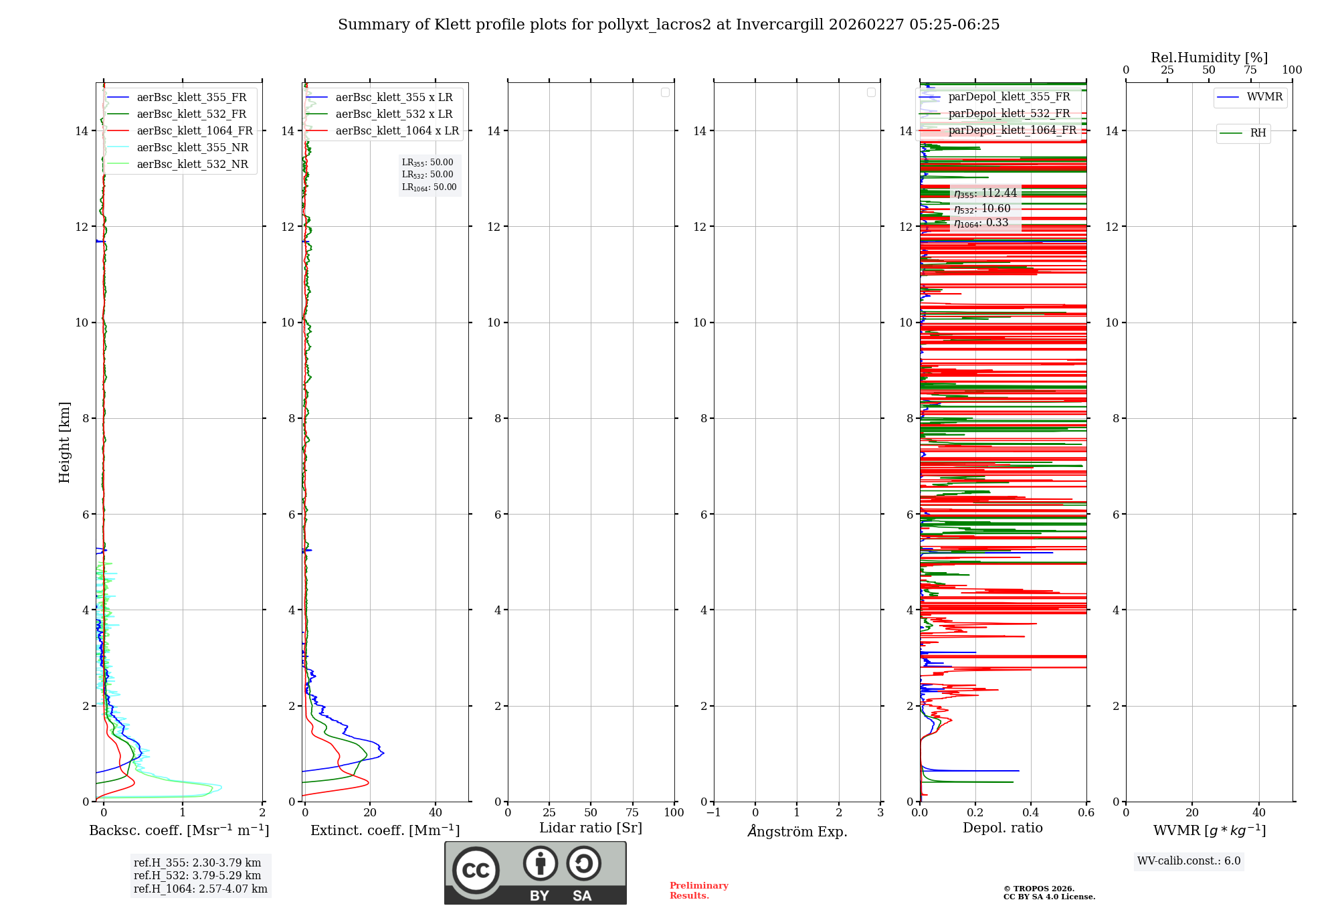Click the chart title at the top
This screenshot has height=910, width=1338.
click(x=668, y=25)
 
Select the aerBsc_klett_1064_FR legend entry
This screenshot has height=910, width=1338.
click(x=194, y=131)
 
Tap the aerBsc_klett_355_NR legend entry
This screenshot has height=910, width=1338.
click(x=192, y=148)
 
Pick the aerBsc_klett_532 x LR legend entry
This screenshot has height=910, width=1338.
click(x=393, y=114)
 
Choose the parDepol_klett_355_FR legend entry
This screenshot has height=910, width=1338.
click(x=1009, y=97)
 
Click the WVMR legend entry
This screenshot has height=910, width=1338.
click(x=1264, y=97)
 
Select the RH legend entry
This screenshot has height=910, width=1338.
click(x=1258, y=133)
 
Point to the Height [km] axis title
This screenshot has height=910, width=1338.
click(x=64, y=442)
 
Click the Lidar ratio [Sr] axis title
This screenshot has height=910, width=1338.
click(x=591, y=828)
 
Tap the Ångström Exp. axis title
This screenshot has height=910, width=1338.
click(x=797, y=832)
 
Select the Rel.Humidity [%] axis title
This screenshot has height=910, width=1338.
click(x=1209, y=58)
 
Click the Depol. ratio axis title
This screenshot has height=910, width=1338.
click(x=1002, y=828)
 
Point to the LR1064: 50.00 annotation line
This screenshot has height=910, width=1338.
click(x=429, y=187)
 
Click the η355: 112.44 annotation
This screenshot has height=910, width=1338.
click(x=985, y=193)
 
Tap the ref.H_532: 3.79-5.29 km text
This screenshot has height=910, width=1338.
click(x=197, y=876)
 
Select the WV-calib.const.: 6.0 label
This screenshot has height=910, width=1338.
click(x=1189, y=861)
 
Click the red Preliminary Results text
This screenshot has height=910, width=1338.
click(x=698, y=891)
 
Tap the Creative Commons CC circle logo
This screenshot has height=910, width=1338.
click(x=476, y=871)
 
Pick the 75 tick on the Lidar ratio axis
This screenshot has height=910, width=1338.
click(x=633, y=813)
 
